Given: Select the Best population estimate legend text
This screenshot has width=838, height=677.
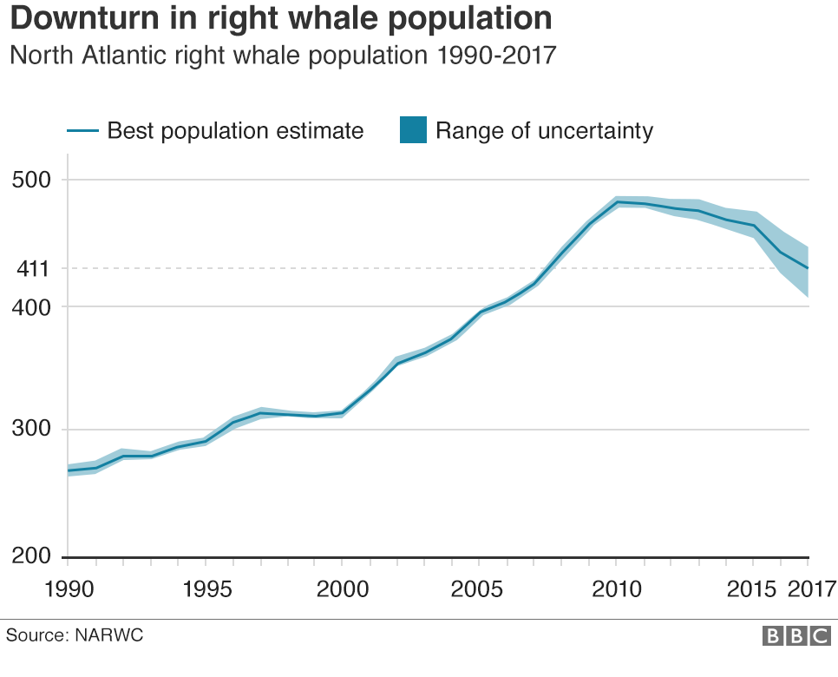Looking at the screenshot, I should tap(235, 131).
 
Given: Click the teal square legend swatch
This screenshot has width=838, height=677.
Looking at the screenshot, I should tap(413, 130).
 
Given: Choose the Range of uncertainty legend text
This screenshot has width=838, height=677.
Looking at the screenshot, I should tap(544, 131).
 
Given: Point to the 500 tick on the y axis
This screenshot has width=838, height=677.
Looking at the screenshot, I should tap(32, 181).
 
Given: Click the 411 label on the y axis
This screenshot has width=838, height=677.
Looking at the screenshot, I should tap(32, 269).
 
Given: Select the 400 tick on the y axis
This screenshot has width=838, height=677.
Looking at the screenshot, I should tap(32, 306).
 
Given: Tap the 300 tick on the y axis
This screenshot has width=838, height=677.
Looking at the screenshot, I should tap(32, 430).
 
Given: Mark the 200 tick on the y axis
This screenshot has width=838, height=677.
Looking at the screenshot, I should tap(32, 556).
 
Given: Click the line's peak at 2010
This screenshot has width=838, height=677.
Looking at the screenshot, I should tap(617, 202).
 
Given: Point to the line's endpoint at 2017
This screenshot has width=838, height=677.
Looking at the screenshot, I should tap(808, 268).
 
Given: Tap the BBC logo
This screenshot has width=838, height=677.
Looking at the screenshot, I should tap(795, 636).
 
